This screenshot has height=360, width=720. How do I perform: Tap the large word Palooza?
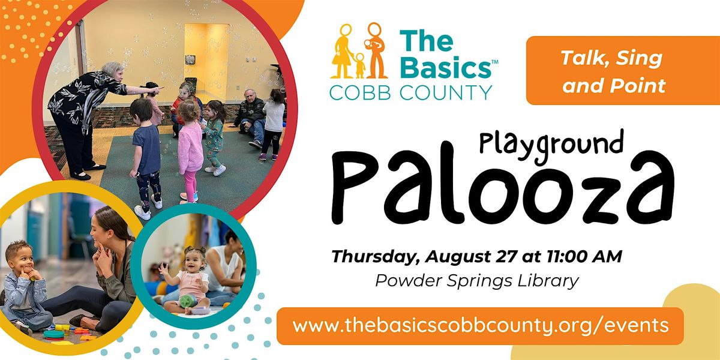coord(502,184)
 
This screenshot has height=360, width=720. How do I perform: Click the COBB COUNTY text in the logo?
coord(410,92)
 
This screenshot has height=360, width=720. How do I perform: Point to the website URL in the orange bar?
coord(481,326)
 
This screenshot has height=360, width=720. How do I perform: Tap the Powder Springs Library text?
coord(477,281)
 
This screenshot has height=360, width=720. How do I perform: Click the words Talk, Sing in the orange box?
coord(612,58)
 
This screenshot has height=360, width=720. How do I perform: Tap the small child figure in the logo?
coord(360,65)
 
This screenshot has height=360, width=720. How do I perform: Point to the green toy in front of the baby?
coord(188,301)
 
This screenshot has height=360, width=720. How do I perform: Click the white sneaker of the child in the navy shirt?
coord(142,212)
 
